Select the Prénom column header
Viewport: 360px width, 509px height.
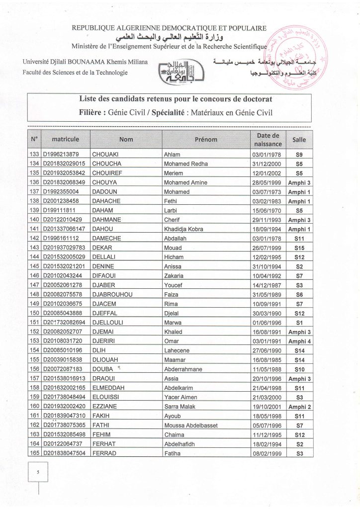[205, 140]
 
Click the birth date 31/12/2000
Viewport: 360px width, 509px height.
[266, 163]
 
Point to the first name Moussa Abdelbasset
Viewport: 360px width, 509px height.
[192, 425]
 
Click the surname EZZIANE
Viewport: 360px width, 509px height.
[105, 407]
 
